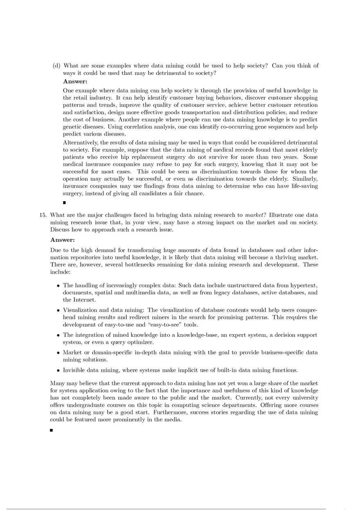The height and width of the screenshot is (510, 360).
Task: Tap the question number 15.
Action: click(43, 215)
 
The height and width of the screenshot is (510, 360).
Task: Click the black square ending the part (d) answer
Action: click(65, 202)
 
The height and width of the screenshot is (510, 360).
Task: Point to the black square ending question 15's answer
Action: click(52, 430)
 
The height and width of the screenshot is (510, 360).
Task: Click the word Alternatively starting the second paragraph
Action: click(80, 142)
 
